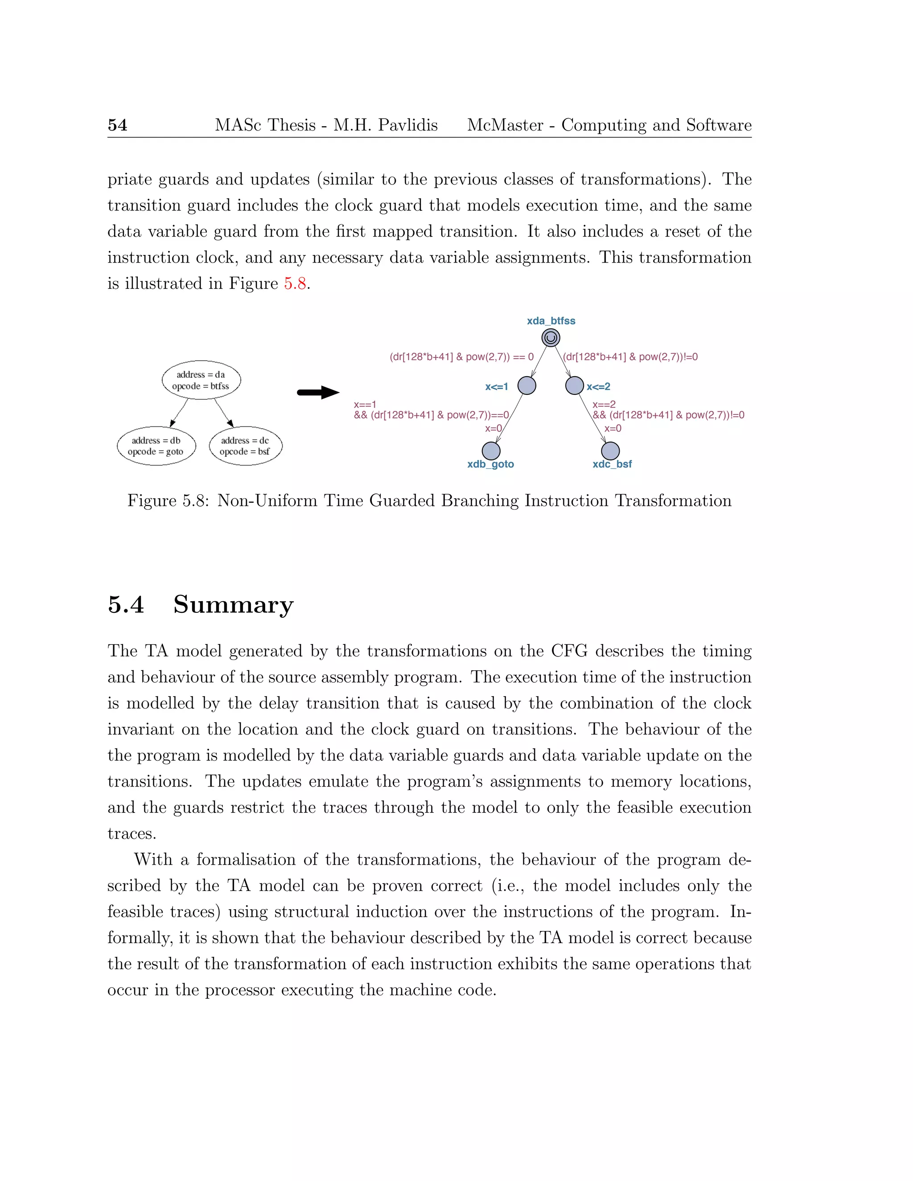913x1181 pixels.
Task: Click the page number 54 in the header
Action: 117,125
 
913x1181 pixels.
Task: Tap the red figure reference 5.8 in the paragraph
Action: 295,283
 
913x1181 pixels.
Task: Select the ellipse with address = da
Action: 201,380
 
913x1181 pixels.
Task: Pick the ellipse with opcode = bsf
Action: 246,446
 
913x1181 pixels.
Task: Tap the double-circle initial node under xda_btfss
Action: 551,338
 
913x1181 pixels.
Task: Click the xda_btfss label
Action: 551,321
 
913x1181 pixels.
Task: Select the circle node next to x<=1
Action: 527,385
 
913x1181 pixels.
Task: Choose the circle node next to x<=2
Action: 574,385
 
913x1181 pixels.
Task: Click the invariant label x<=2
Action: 598,387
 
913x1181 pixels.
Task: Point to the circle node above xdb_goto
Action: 491,451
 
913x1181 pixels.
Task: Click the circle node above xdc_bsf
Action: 610,451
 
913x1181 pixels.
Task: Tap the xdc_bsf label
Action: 612,464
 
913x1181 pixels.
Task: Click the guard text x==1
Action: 365,405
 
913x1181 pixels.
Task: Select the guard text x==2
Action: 604,405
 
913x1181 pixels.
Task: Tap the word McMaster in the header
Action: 505,125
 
